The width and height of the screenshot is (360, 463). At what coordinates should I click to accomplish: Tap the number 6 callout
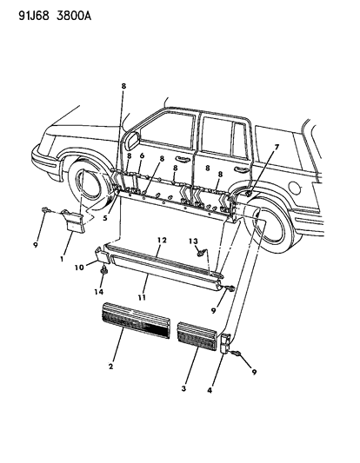coord(142,155)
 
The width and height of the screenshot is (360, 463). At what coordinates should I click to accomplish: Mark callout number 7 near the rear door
coord(253,149)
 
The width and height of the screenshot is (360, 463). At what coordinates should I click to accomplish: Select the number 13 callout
coord(196,241)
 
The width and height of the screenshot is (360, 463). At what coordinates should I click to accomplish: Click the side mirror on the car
coord(130,139)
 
